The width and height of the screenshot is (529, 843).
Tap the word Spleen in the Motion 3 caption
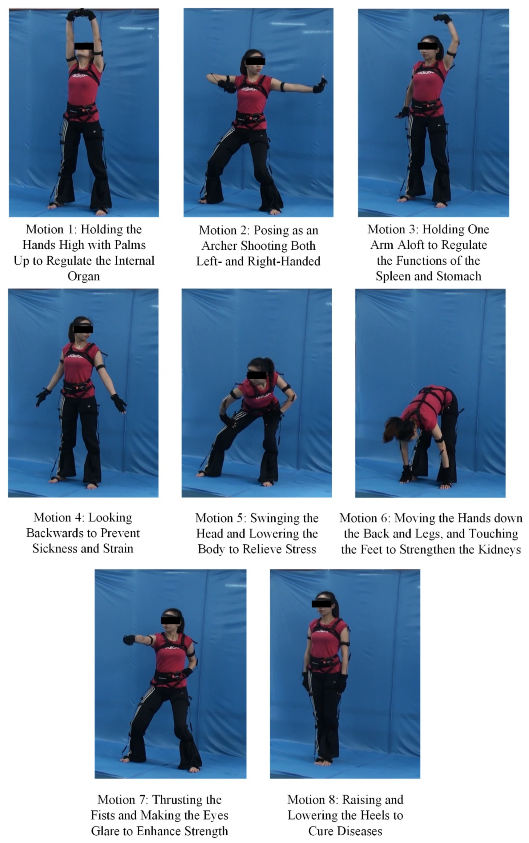(393, 277)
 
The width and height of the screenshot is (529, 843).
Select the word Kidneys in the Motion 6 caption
(499, 550)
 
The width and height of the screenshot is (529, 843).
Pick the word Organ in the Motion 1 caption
(84, 277)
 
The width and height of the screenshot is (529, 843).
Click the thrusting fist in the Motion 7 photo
(129, 640)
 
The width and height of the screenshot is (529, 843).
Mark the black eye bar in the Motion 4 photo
(83, 329)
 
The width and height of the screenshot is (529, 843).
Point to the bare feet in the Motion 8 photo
(324, 772)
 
